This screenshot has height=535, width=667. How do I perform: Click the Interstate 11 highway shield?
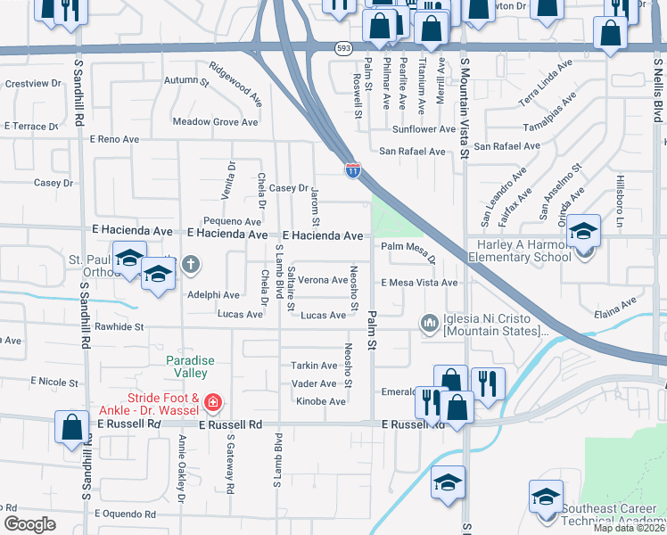click(x=353, y=169)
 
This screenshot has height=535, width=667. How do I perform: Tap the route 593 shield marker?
click(x=343, y=47)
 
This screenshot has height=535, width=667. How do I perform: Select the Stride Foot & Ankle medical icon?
click(x=212, y=404)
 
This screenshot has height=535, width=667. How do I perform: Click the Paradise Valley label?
click(x=187, y=366)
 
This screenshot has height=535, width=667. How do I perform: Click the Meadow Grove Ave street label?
click(x=215, y=122)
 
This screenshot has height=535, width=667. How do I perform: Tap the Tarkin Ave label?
click(x=313, y=366)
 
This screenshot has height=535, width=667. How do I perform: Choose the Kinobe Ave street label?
click(x=320, y=401)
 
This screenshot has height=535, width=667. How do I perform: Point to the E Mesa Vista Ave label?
click(x=419, y=283)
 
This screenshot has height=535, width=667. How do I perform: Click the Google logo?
click(x=29, y=524)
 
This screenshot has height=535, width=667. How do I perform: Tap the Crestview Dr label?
click(x=33, y=83)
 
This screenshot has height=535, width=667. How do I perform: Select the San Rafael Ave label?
click(x=412, y=152)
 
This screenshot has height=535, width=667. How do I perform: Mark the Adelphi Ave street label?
click(x=213, y=295)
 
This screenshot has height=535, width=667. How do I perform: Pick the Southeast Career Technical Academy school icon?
click(x=546, y=498)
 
